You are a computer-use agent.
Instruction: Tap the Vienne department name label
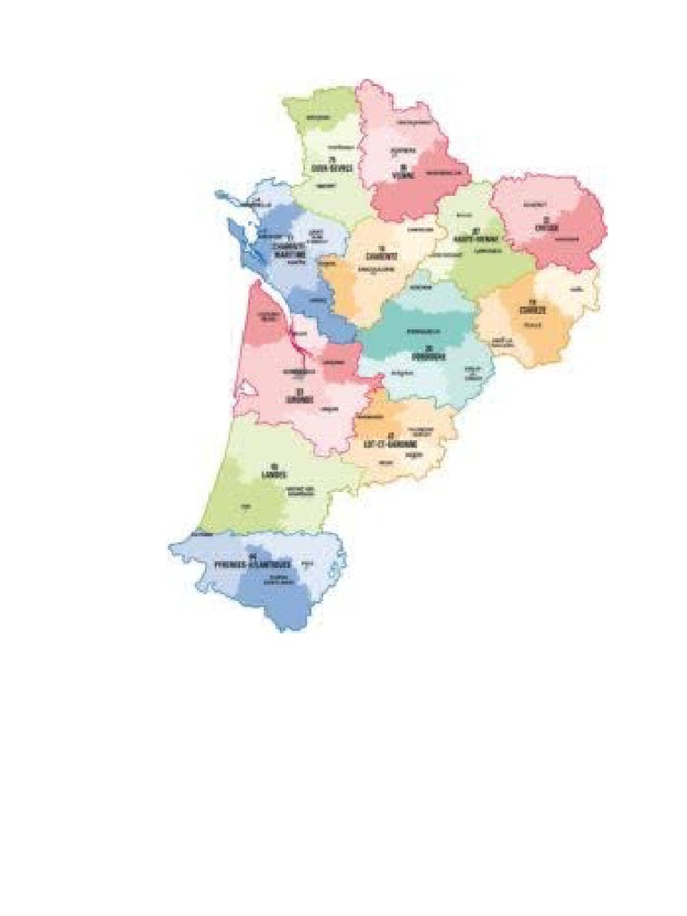(x=405, y=174)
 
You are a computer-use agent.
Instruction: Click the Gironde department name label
(x=301, y=399)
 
